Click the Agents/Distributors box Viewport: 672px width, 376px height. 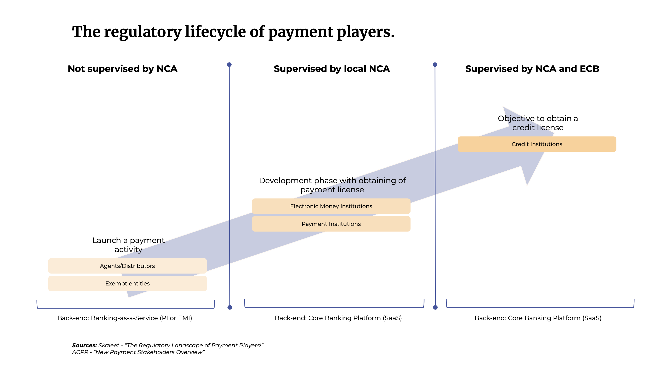[x=127, y=266]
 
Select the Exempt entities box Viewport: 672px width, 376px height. [x=127, y=283]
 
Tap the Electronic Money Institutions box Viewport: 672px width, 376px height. [x=331, y=206]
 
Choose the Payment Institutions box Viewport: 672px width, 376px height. [x=331, y=224]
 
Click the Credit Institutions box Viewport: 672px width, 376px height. [x=537, y=144]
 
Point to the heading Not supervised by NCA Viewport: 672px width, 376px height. [x=123, y=69]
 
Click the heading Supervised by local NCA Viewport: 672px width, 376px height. [x=332, y=69]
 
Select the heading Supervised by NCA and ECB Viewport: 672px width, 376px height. [x=532, y=69]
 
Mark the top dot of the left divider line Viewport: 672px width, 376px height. [x=229, y=64]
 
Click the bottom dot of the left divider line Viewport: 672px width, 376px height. [x=230, y=307]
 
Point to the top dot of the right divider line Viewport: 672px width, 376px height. [x=435, y=64]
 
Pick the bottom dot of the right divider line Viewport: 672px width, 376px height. [x=435, y=307]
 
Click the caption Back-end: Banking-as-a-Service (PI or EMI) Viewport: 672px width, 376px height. [x=125, y=318]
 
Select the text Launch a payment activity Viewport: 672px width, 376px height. [x=128, y=245]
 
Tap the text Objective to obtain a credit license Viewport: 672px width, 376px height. [x=538, y=123]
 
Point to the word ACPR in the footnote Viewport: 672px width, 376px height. [x=80, y=352]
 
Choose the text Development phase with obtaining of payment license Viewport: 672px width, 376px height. [x=332, y=185]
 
